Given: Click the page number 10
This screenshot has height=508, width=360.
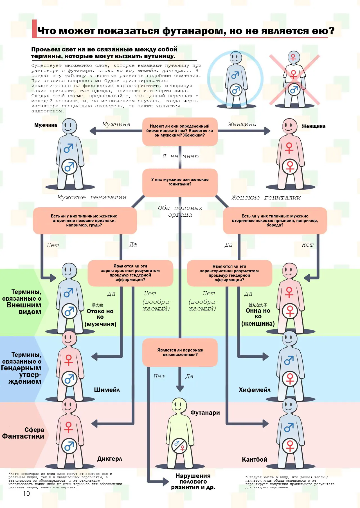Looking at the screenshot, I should [26, 493].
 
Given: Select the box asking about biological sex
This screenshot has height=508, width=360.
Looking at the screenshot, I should [180, 131].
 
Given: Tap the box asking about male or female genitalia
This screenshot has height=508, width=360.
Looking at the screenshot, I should [180, 182].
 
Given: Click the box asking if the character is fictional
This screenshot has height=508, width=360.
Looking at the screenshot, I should [180, 352].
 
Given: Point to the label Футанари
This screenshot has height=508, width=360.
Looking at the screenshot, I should [205, 412].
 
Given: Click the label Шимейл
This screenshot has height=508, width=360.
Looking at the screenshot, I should [107, 390].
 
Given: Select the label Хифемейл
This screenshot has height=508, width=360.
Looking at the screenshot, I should [255, 390].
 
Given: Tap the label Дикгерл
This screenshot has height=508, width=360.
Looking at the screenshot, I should [110, 459].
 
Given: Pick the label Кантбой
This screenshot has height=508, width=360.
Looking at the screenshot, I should [255, 459].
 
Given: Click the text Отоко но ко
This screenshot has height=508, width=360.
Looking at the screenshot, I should [100, 314].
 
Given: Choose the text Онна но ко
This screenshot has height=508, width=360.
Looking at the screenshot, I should [258, 314].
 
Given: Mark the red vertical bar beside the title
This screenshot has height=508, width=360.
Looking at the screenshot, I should [34, 29].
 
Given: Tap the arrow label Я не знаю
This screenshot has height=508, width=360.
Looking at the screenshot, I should [180, 156].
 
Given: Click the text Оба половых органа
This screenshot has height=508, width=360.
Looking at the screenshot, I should [180, 211].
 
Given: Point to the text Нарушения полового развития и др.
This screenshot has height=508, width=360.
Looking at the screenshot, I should [193, 481].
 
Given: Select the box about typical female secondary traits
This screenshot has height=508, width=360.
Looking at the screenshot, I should [84, 221].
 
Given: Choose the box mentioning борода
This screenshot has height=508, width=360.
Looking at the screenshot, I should [275, 221].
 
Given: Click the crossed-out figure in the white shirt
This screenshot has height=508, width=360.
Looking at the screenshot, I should [294, 79].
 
